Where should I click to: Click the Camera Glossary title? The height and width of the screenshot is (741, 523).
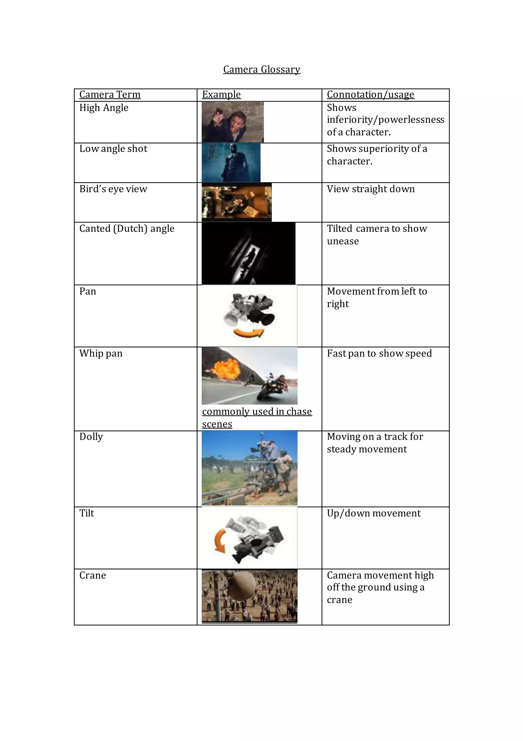click(x=262, y=70)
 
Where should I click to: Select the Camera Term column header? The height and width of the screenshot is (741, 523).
click(x=110, y=95)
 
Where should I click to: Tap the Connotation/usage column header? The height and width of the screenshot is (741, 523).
click(x=370, y=95)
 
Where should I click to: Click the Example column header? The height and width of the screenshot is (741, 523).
click(x=221, y=95)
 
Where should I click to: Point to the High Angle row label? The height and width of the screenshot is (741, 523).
click(x=104, y=108)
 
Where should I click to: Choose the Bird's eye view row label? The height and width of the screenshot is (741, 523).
click(x=113, y=189)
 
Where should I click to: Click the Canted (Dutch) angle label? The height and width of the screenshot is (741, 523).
click(x=127, y=228)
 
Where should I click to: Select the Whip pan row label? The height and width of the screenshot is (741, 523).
click(x=101, y=353)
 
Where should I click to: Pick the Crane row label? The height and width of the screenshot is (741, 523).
click(x=93, y=575)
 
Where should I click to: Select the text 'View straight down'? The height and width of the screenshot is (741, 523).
click(x=371, y=189)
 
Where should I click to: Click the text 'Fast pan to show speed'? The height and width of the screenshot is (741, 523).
click(x=379, y=353)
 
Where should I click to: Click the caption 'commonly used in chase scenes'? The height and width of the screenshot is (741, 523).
click(x=257, y=418)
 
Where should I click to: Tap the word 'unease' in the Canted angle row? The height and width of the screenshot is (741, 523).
click(x=343, y=241)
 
